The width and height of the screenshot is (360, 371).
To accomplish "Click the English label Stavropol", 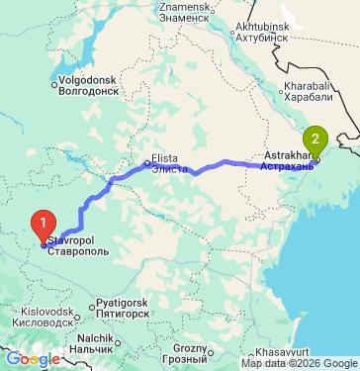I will point(71,240).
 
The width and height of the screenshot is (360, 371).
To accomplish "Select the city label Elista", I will point(164,159).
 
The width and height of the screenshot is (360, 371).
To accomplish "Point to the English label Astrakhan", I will point(288,156).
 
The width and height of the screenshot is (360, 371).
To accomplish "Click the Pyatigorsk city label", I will point(125,303).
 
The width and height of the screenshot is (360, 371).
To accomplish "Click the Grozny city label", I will point(189,347).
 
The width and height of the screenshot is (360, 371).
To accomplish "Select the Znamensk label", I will point(184,7).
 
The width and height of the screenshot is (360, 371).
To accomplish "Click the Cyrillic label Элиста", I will point(171,169).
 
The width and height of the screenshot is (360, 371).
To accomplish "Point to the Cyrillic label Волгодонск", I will point(90,89).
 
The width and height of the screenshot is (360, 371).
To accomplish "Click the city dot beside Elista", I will point(146,162).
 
